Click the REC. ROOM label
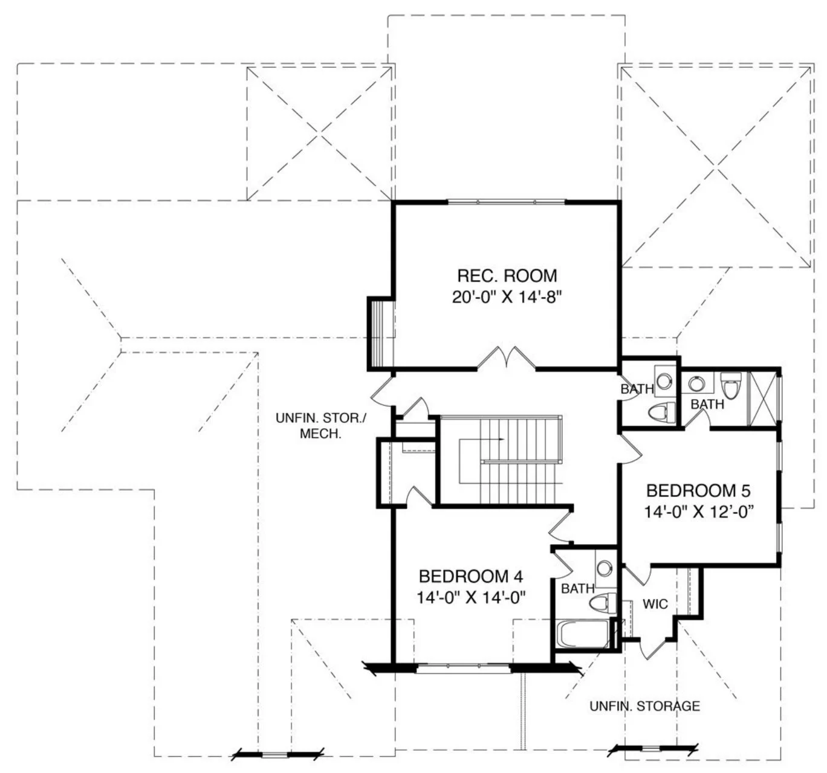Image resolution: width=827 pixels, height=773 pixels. pos(507,276)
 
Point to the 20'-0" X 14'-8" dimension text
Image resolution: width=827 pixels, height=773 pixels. pos(507,298)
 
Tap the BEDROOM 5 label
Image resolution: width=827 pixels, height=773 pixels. pos(698,491)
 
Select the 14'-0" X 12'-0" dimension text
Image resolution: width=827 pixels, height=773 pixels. pos(699,512)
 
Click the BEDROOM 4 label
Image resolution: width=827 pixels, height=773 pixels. pos(471,577)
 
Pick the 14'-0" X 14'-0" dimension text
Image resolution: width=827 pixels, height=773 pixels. pos(471,598)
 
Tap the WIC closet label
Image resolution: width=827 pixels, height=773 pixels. pos(655,604)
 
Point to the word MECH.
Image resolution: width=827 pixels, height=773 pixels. pos(320,434)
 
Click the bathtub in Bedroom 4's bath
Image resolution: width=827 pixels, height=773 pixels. pos(583,635)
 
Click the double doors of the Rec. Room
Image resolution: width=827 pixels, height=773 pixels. pos(506,358)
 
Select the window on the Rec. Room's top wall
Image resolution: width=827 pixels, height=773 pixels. pos(506,202)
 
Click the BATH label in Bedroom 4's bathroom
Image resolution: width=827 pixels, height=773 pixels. pos(577,589)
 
